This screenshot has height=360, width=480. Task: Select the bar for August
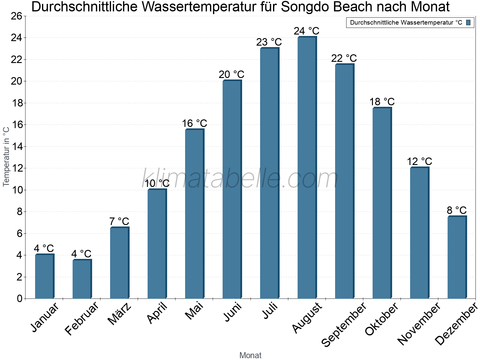(307, 168)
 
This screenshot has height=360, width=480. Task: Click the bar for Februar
(82, 279)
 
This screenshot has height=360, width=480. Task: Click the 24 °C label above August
(306, 31)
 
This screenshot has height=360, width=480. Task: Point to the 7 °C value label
(119, 222)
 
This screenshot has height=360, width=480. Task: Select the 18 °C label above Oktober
(382, 102)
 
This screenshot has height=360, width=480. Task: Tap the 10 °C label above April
(157, 183)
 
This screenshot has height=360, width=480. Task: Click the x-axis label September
(344, 324)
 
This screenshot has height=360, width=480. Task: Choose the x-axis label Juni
(233, 312)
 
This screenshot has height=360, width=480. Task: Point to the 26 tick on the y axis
(17, 16)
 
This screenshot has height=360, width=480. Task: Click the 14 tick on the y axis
(17, 146)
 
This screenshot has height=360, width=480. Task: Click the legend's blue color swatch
(468, 22)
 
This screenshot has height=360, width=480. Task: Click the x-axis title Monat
(250, 355)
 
